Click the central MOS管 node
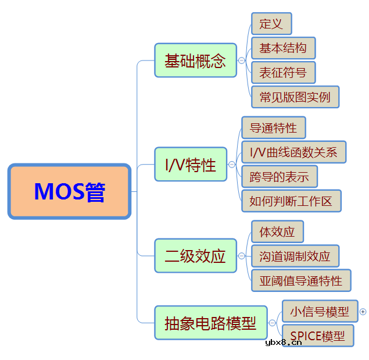tap(69, 191)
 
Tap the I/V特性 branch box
tap(191, 165)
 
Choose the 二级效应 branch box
tap(195, 256)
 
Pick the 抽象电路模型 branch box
tap(210, 323)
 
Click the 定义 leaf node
tap(271, 24)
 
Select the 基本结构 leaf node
tap(283, 48)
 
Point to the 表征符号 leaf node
tap(283, 73)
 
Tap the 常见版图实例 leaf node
tap(295, 97)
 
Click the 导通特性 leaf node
tap(273, 128)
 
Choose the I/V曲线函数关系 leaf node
tap(293, 152)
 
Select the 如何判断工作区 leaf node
tap(291, 201)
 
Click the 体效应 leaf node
tap(277, 232)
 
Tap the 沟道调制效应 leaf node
tap(295, 256)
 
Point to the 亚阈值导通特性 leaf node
tap(301, 280)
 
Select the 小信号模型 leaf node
tap(319, 312)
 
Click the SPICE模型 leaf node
tap(318, 336)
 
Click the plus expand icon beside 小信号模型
tap(363, 312)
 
